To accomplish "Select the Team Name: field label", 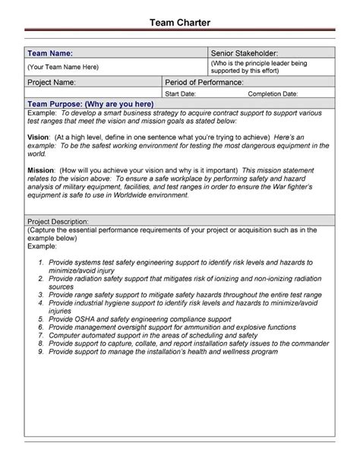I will click(50, 53).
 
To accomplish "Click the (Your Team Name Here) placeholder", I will click(63, 68).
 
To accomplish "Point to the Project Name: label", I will click(52, 82).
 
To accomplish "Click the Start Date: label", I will click(182, 93).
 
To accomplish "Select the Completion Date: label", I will click(273, 93).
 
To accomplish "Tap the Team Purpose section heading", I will click(90, 103).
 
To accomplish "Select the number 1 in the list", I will click(42, 261).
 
